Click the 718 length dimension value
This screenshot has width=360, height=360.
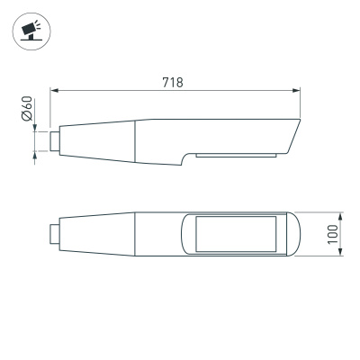pos(173,83)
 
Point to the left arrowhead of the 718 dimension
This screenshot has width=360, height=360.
pos(53,91)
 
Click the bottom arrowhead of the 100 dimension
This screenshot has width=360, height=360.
pos(341,254)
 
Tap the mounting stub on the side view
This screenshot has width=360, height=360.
pos(56,139)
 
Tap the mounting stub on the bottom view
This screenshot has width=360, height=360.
pos(56,234)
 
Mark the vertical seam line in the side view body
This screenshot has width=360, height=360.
pos(135,142)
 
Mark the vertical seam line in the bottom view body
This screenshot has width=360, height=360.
pos(135,234)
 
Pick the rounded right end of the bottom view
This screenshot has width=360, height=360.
pos(292,234)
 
